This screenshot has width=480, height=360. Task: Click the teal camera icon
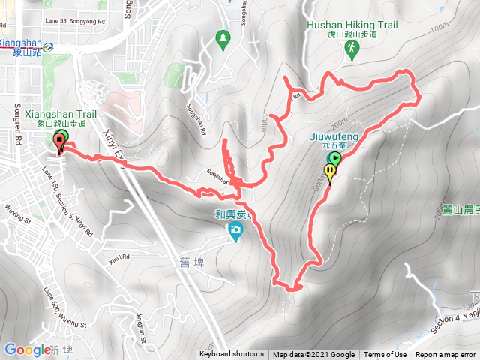(235, 229)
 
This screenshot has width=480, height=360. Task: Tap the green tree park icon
(222, 37)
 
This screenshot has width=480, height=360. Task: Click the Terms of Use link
(385, 355)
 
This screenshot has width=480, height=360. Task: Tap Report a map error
(445, 355)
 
